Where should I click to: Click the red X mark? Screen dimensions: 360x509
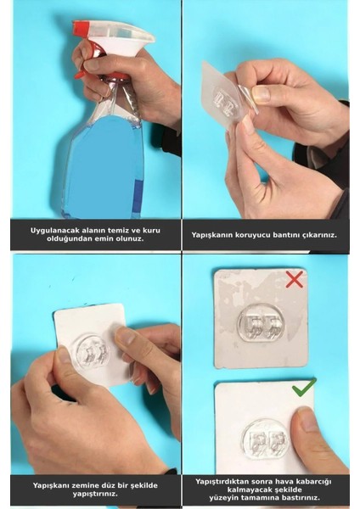[294, 279]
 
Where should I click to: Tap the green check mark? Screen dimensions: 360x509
[303, 387]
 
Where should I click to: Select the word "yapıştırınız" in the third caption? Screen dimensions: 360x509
[95, 494]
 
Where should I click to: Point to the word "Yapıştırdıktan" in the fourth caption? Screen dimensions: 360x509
[220, 481]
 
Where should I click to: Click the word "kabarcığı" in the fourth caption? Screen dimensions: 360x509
[316, 481]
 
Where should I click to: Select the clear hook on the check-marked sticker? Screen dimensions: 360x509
[266, 439]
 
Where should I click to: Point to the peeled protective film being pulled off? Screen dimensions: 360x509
[248, 98]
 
